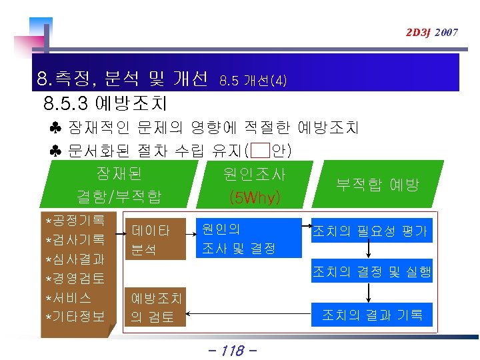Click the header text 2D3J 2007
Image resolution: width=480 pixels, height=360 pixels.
[x=432, y=32]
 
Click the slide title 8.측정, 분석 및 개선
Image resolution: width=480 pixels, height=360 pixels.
[x=123, y=80]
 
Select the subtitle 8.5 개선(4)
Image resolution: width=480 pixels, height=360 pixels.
[x=253, y=81]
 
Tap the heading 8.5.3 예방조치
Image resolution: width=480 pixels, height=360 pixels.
[x=105, y=104]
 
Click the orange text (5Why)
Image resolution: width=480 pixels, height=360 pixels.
[x=254, y=197]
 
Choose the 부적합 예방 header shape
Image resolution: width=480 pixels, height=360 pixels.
[x=377, y=185]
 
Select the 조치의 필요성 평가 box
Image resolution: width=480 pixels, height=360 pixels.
[x=370, y=231]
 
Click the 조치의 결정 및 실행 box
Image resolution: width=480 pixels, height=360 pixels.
[x=372, y=271]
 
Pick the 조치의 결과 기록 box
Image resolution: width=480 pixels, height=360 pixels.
[x=372, y=315]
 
